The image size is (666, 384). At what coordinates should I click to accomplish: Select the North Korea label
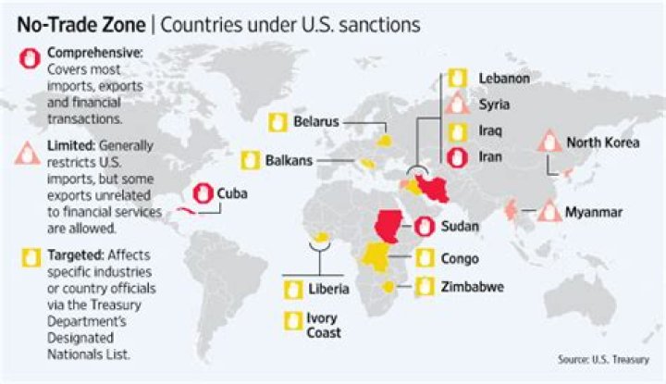(x=602, y=142)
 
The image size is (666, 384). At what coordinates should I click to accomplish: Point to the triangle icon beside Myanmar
(x=549, y=212)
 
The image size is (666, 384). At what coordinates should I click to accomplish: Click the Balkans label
(x=289, y=160)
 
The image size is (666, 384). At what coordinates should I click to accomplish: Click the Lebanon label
(x=504, y=78)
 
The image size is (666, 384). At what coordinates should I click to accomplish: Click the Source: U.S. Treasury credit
(x=603, y=359)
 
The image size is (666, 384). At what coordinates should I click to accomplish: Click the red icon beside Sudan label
(x=424, y=225)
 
